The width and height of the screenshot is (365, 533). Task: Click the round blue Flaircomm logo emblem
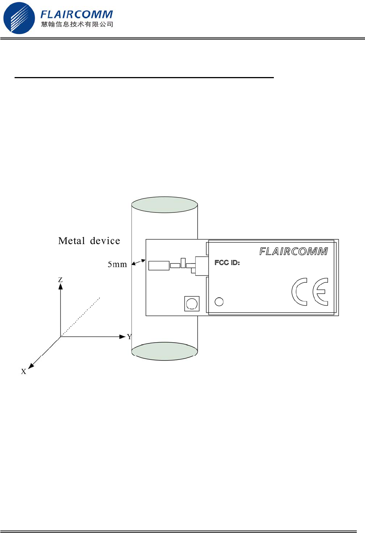[19, 18]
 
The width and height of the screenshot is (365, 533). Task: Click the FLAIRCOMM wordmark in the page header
[76, 14]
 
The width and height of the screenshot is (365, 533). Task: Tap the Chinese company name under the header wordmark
[77, 24]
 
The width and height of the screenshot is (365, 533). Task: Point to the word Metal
[71, 241]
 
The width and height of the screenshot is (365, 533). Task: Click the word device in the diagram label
[105, 241]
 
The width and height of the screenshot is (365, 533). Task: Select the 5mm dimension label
[117, 264]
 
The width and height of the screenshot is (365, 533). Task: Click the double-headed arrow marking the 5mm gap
[139, 262]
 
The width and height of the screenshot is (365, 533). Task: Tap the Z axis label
[60, 280]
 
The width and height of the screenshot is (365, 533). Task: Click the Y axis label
[129, 337]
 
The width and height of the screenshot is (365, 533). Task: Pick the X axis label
[24, 371]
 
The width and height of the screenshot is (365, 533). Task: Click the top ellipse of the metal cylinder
[164, 205]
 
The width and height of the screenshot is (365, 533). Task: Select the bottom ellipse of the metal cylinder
[164, 351]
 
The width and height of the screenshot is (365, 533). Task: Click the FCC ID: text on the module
[227, 263]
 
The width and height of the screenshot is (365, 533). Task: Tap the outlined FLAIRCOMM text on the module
[294, 251]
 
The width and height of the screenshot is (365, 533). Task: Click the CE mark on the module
[310, 292]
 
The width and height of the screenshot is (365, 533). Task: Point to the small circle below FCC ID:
[219, 302]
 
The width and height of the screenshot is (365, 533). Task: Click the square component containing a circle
[192, 304]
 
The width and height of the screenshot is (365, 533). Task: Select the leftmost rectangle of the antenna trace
[159, 266]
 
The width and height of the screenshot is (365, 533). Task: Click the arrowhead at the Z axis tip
[61, 287]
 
